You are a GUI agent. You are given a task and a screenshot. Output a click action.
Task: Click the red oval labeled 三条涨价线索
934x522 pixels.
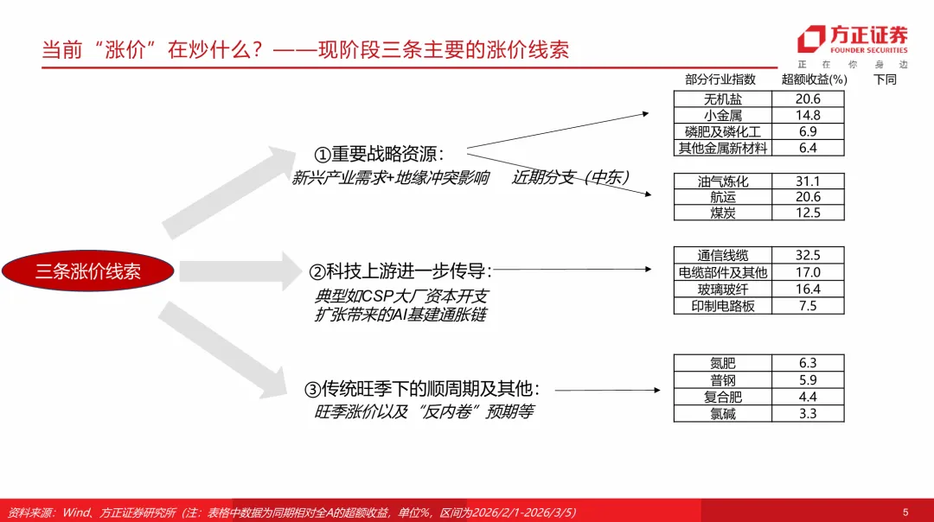coord(88,271)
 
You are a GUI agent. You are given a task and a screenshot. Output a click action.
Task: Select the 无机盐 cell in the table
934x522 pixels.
coord(723,99)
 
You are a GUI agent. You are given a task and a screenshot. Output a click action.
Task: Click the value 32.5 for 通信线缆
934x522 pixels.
coord(808,256)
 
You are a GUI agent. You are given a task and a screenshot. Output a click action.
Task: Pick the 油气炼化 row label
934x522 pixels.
coord(723,181)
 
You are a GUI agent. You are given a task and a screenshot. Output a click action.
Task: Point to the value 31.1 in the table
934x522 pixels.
coord(808,181)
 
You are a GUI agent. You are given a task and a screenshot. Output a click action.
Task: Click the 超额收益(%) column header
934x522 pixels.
coord(814,79)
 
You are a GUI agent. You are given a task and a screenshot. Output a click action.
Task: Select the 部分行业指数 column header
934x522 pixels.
coord(720,79)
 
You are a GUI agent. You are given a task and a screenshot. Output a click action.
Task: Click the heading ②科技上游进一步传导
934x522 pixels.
coord(400,271)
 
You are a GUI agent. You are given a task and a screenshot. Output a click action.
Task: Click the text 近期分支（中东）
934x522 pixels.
coord(571,178)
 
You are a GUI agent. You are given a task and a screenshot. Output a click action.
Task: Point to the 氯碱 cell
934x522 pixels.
coord(723,413)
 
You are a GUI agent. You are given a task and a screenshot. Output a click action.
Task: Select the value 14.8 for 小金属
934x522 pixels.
coord(808,115)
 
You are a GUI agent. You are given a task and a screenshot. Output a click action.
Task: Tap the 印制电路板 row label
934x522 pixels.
coord(723,306)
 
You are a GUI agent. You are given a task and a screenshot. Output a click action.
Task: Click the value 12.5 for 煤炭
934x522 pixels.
coord(808,213)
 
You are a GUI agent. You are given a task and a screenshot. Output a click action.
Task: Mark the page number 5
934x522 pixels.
coord(905,512)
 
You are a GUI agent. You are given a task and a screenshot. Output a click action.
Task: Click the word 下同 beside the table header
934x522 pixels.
coord(885,79)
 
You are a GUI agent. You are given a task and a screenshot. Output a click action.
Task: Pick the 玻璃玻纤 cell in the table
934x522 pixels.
coord(723,290)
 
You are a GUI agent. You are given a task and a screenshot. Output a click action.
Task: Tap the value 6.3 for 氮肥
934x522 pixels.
coord(808,364)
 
